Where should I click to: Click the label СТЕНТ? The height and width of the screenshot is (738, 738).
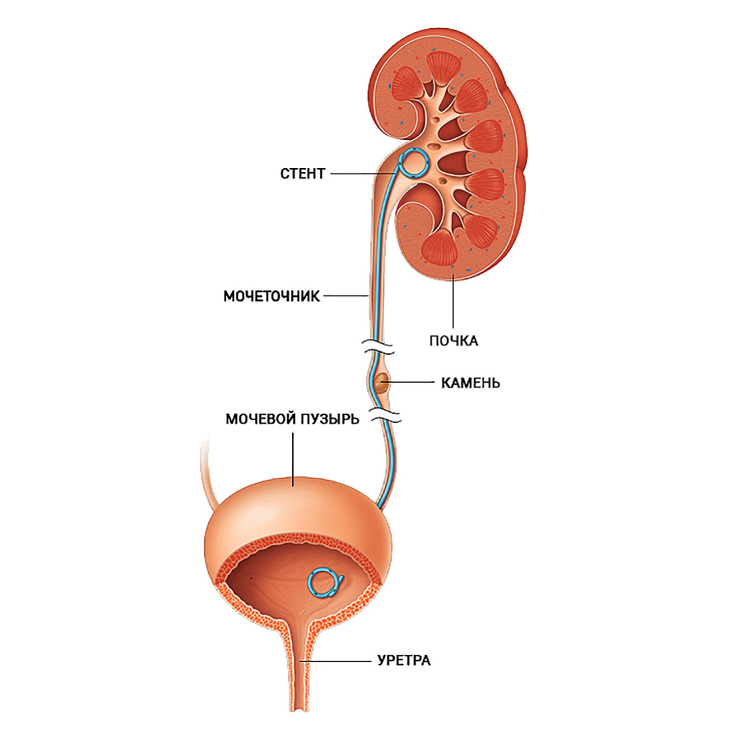coord(303,174)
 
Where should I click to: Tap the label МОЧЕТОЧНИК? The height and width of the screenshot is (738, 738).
coord(272,296)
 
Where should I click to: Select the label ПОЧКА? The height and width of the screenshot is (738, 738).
coord(453,340)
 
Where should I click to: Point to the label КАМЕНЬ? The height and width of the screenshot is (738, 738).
coord(470,382)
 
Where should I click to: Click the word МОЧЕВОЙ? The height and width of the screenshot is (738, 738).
coord(260,419)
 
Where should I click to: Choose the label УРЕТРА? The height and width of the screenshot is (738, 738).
coord(403,660)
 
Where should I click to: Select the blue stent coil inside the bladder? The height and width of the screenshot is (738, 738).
coord(323,583)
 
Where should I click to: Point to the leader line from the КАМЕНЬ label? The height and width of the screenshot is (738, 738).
coord(411,381)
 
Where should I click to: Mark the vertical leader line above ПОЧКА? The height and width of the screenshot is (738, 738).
coord(453,300)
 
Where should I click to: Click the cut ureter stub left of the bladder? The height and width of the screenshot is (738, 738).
coord(205,472)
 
